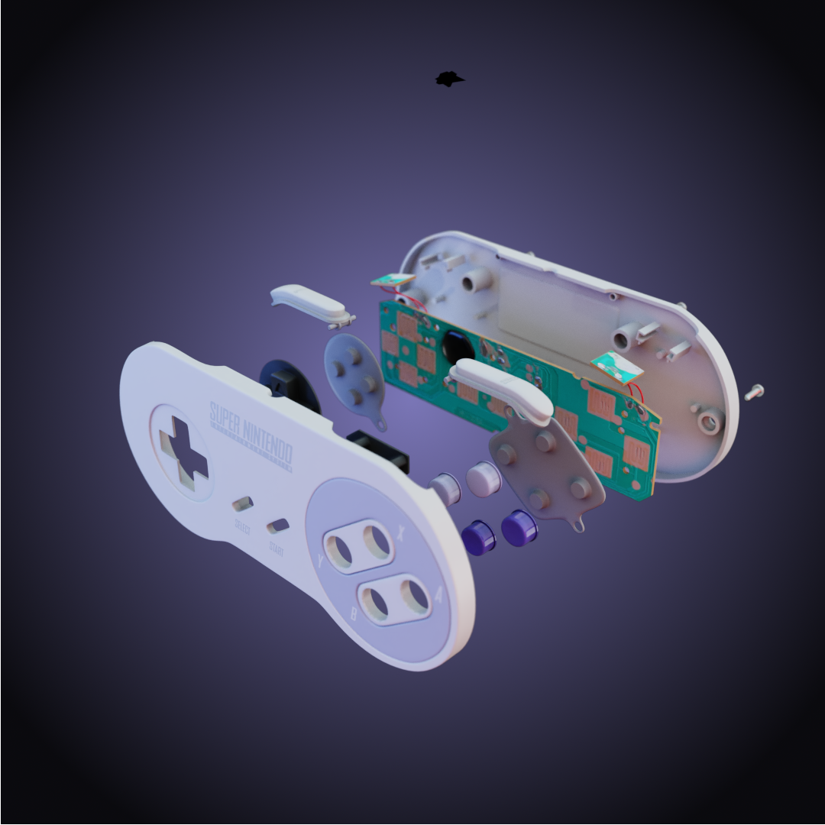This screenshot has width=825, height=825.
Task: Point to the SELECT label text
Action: click(242, 528)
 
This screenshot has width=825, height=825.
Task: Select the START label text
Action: click(276, 548)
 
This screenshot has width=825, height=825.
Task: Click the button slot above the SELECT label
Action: click(243, 504)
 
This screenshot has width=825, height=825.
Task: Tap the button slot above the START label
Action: click(277, 526)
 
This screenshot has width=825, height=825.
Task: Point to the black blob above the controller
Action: click(450, 79)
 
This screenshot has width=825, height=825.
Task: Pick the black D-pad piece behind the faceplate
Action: click(290, 382)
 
